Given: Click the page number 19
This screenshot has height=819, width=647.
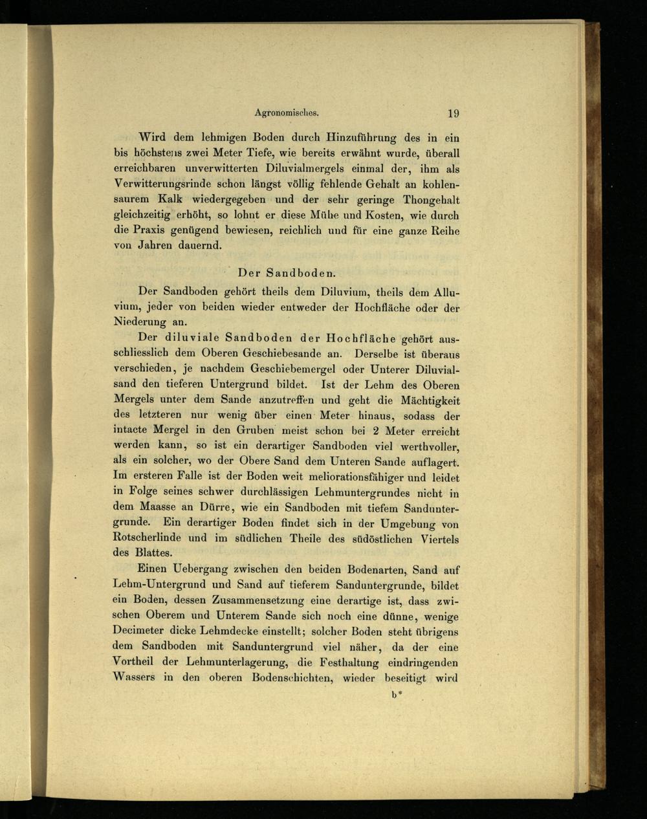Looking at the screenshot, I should pyautogui.click(x=453, y=113).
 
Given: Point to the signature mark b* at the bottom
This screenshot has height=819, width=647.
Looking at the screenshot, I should pyautogui.click(x=397, y=697).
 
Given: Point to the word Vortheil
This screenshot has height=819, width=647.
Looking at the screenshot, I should pyautogui.click(x=138, y=662).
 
